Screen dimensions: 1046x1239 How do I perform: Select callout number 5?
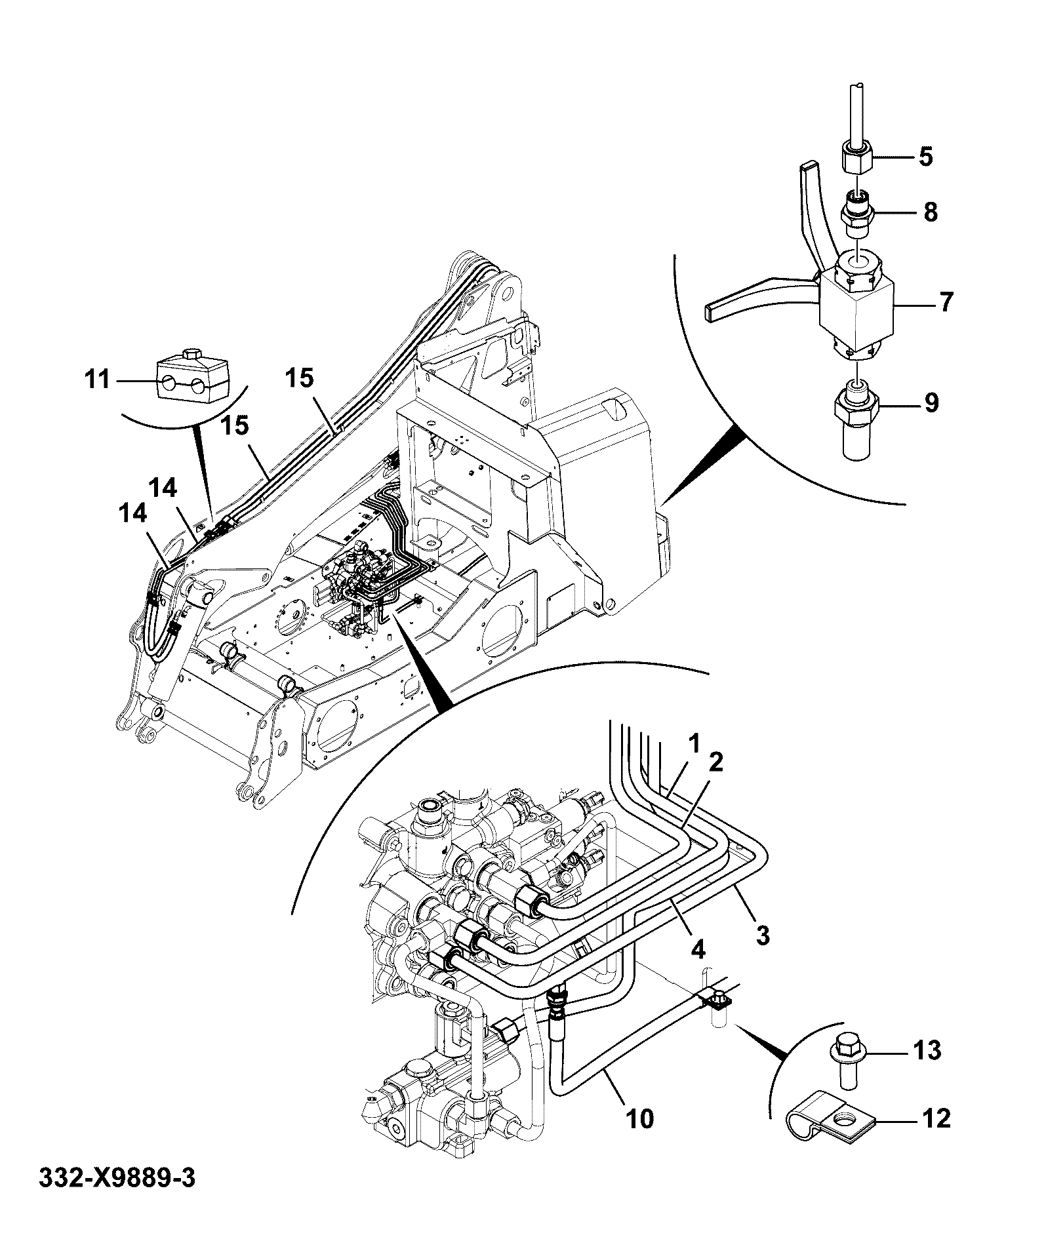pyautogui.click(x=925, y=157)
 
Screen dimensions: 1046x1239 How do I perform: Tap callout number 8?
pyautogui.click(x=930, y=212)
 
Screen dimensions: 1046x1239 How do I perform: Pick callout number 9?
pyautogui.click(x=931, y=403)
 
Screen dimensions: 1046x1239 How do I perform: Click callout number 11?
pyautogui.click(x=98, y=379)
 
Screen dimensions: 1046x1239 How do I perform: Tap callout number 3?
pyautogui.click(x=762, y=934)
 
